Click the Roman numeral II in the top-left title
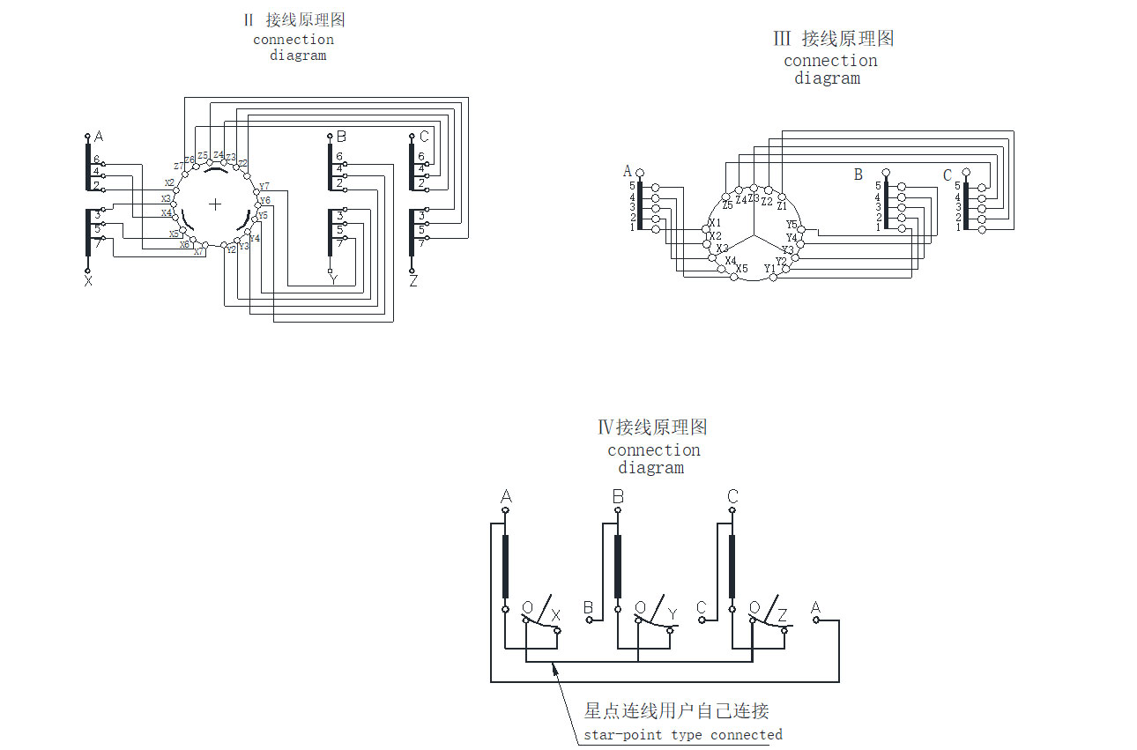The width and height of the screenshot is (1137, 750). [249, 20]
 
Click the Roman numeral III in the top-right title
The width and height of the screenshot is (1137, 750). [782, 39]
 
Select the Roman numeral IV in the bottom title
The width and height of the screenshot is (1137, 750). [606, 427]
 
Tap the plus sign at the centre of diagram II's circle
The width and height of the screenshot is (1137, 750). [215, 204]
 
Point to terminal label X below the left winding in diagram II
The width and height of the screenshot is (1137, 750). [88, 281]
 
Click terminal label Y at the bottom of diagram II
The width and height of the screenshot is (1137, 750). [333, 280]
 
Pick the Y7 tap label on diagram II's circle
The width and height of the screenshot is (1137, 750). [264, 186]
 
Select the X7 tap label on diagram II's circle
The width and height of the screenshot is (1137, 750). [199, 252]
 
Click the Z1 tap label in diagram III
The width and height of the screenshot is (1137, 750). [781, 204]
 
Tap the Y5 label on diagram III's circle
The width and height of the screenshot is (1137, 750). [791, 225]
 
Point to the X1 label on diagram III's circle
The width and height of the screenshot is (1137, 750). [715, 223]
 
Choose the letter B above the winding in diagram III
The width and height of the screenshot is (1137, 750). [858, 175]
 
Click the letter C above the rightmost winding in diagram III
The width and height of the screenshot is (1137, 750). [947, 175]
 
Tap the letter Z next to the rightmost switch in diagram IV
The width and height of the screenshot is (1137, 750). [782, 614]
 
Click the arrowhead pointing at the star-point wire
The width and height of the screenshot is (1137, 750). [555, 669]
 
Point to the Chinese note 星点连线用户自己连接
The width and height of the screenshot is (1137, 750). [676, 711]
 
